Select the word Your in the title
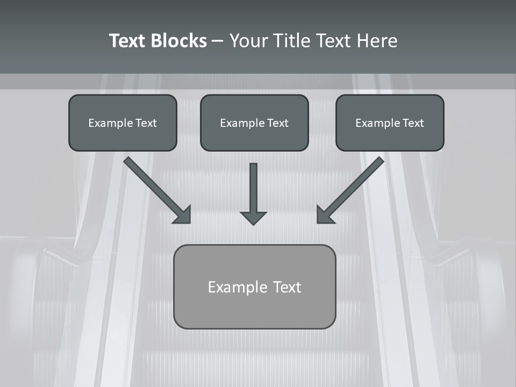point(248,41)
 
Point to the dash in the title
point(218,41)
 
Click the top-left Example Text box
point(123,123)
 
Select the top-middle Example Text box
point(254,123)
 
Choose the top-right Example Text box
point(390,123)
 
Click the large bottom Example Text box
point(254,286)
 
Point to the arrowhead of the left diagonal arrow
point(183,214)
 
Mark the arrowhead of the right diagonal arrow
point(325,214)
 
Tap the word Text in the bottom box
point(287,287)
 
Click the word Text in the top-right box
point(413,123)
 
